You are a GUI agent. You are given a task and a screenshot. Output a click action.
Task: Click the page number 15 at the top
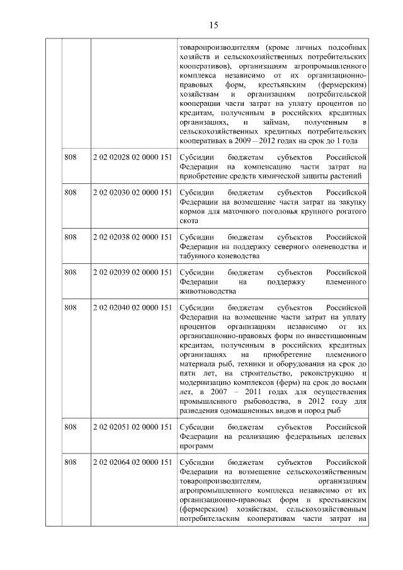pos(213,25)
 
